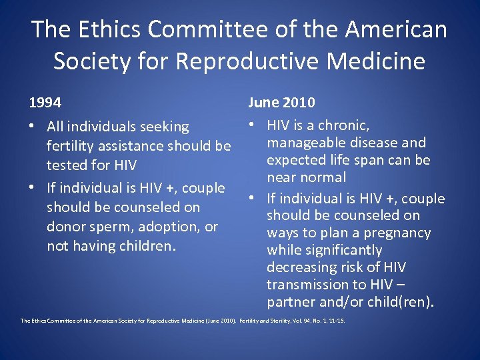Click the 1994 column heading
point(45,103)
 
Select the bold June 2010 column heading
point(281,103)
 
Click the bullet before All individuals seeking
point(33,126)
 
